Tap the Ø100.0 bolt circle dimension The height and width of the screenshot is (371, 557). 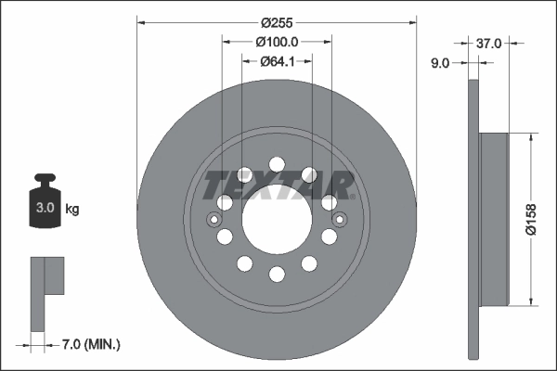pos(277,41)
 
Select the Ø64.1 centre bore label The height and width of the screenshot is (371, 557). pos(277,61)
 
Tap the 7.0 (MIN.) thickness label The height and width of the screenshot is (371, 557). pos(90,345)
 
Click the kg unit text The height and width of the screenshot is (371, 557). pos(72,210)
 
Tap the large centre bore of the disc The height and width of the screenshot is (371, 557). pos(277,218)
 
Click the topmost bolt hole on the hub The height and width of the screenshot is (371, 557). pos(277,164)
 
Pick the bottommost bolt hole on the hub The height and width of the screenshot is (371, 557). pos(277,273)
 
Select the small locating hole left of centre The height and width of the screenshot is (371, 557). pos(214,220)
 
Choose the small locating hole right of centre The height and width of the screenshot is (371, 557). pos(340,220)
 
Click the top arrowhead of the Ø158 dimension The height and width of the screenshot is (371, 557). pos(530,136)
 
